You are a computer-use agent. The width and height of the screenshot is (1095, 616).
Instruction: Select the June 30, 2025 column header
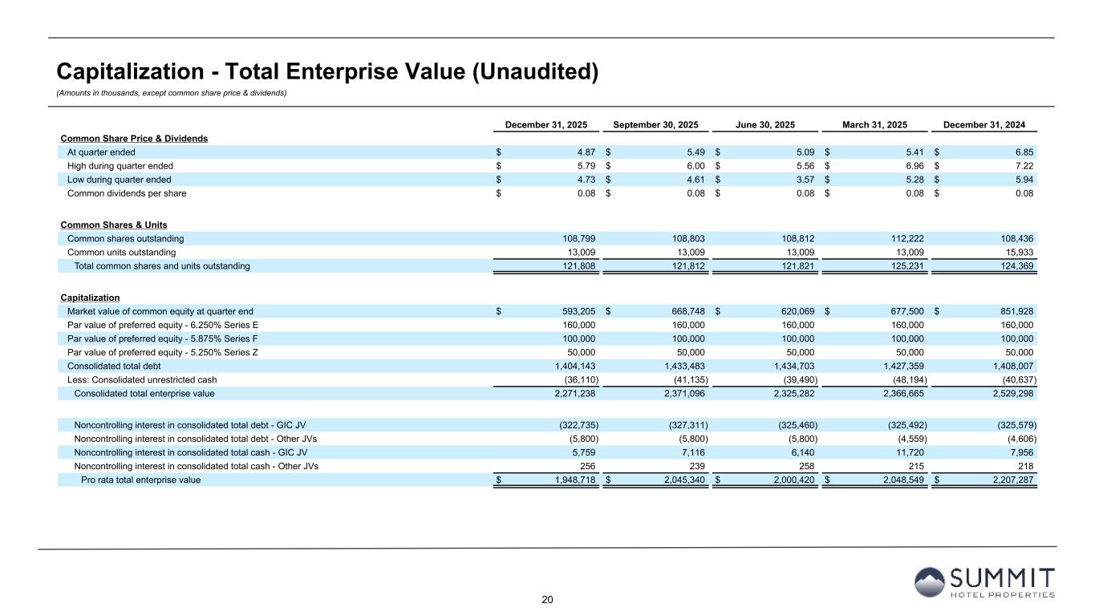click(x=765, y=125)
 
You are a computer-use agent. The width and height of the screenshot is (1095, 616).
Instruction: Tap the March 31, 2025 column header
click(x=874, y=125)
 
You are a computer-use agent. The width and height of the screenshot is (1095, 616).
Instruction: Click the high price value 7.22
click(x=1022, y=165)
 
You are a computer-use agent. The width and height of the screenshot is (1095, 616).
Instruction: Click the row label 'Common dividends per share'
click(x=120, y=192)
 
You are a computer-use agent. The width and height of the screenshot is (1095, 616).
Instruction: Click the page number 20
click(x=548, y=600)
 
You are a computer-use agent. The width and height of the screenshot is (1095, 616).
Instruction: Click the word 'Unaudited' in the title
click(x=541, y=72)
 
